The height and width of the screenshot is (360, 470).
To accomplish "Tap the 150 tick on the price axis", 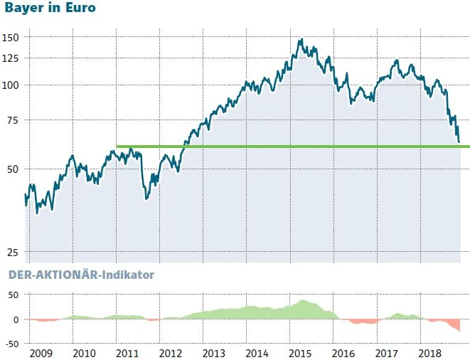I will [11, 37].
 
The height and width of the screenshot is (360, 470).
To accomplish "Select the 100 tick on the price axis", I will [11, 85].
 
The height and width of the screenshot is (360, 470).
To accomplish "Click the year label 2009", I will [41, 352].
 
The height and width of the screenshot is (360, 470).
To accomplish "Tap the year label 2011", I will [127, 352].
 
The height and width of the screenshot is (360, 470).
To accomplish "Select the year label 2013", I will [213, 352].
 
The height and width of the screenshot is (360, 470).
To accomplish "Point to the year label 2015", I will [300, 352].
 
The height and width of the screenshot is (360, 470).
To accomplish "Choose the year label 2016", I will [343, 352].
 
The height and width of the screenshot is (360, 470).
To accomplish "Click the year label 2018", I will [429, 352].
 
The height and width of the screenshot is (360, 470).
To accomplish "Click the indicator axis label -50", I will [12, 343].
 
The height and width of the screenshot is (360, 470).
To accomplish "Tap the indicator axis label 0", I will [16, 319].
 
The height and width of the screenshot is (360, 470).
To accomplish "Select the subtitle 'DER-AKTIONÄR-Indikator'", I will [80, 274].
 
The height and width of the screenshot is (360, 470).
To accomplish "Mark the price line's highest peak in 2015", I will [301, 40].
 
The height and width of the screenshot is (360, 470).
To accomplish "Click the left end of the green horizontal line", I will [117, 147].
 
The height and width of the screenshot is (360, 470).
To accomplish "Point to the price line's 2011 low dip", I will [146, 198].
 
